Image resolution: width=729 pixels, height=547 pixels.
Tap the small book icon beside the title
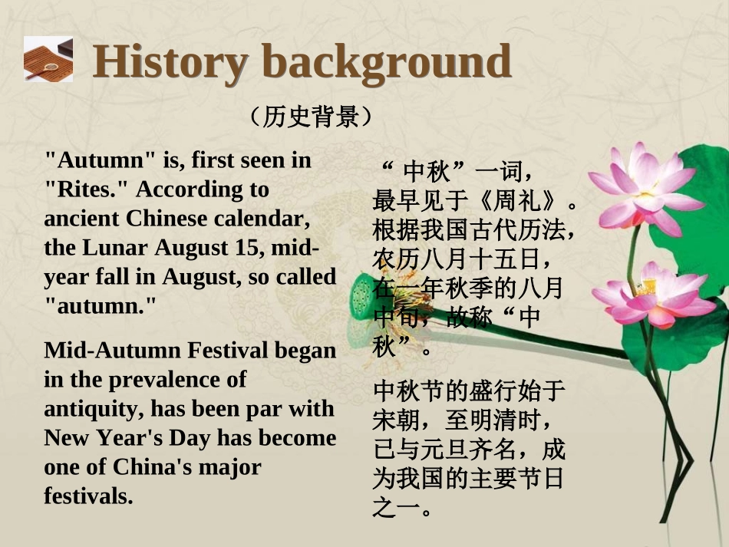click(48, 59)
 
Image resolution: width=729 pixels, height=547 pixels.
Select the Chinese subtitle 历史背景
click(310, 117)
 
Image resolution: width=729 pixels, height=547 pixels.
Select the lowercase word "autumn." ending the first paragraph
click(100, 306)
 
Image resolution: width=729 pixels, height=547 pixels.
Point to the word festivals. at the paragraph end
click(88, 496)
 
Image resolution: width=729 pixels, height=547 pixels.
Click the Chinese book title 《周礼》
click(518, 202)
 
